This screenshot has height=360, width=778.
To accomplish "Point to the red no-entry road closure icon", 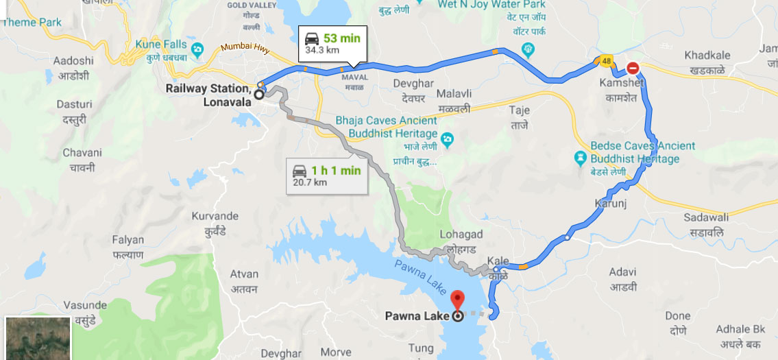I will pos(633,69).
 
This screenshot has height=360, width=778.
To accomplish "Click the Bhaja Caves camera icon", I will pos(447,140).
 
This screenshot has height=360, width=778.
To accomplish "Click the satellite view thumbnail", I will pos(38,338).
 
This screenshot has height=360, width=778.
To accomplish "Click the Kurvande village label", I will pos(214,220).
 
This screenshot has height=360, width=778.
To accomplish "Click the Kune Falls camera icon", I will pos(199,49).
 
